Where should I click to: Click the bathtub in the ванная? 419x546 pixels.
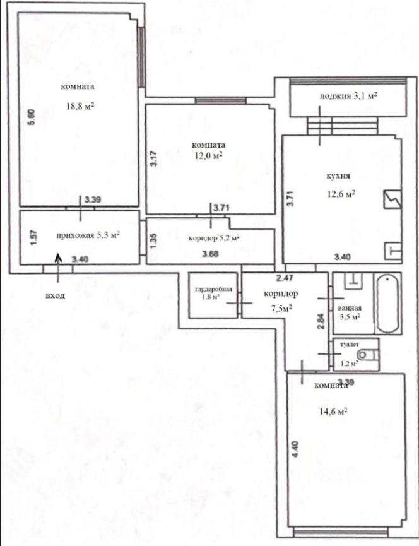click(387, 304)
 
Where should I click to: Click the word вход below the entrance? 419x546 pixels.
click(55, 295)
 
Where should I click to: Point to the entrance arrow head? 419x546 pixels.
click(58, 258)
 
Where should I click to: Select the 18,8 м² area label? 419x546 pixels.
click(80, 106)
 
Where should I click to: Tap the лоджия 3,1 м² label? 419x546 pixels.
click(348, 96)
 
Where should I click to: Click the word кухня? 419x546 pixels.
click(338, 176)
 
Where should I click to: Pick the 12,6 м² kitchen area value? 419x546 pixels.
click(341, 194)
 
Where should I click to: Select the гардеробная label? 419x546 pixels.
click(213, 289)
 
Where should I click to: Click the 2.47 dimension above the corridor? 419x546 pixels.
click(285, 278)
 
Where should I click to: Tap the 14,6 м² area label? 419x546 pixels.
click(333, 412)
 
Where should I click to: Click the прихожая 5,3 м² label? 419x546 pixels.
click(88, 235)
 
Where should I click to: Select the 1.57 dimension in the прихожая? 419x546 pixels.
click(33, 239)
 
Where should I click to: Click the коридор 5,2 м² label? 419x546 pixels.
click(214, 238)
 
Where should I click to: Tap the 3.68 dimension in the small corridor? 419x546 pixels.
click(211, 254)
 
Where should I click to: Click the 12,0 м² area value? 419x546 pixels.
click(208, 156)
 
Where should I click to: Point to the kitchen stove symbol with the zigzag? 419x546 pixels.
click(392, 199)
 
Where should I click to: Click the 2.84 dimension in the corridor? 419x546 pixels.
click(322, 321)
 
